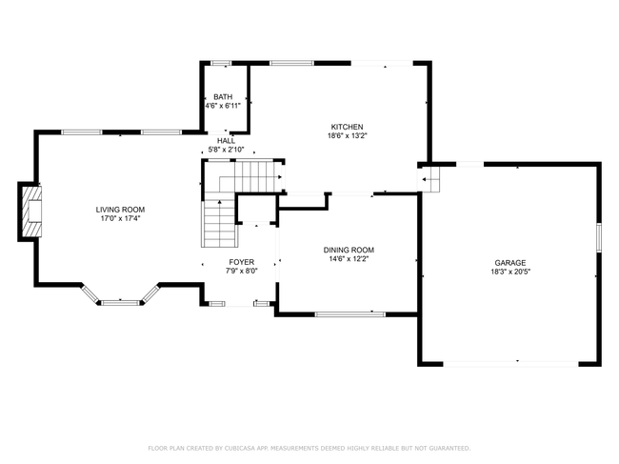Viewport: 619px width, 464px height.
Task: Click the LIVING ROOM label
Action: pyautogui.click(x=120, y=210)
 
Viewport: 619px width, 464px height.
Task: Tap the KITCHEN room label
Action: pyautogui.click(x=347, y=127)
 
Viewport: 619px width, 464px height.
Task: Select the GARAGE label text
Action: pyautogui.click(x=510, y=263)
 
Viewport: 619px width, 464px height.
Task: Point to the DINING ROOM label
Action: pyautogui.click(x=349, y=250)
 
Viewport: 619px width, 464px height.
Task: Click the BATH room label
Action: pyautogui.click(x=223, y=97)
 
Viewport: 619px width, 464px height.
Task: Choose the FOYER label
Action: pyautogui.click(x=242, y=262)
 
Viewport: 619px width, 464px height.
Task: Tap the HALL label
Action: pyautogui.click(x=227, y=141)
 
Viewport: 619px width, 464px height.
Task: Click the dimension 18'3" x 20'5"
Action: pyautogui.click(x=510, y=272)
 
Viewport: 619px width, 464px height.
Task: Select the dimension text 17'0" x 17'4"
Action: pyautogui.click(x=120, y=218)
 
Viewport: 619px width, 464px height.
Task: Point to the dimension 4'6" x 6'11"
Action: pyautogui.click(x=223, y=106)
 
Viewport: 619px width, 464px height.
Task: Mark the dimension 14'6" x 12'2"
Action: pyautogui.click(x=349, y=259)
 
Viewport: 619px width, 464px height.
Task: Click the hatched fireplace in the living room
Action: pyautogui.click(x=31, y=212)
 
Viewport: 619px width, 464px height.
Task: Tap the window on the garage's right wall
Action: pyautogui.click(x=599, y=237)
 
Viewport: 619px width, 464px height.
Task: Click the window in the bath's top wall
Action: pyautogui.click(x=221, y=63)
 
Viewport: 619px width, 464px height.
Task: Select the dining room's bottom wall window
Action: pyautogui.click(x=350, y=314)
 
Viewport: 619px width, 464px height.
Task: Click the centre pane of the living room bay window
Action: pyautogui.click(x=120, y=303)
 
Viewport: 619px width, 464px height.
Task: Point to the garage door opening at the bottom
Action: pyautogui.click(x=510, y=364)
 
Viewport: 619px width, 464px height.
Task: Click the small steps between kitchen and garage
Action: pyautogui.click(x=430, y=179)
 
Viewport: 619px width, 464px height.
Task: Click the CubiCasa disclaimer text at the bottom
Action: pyautogui.click(x=309, y=448)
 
